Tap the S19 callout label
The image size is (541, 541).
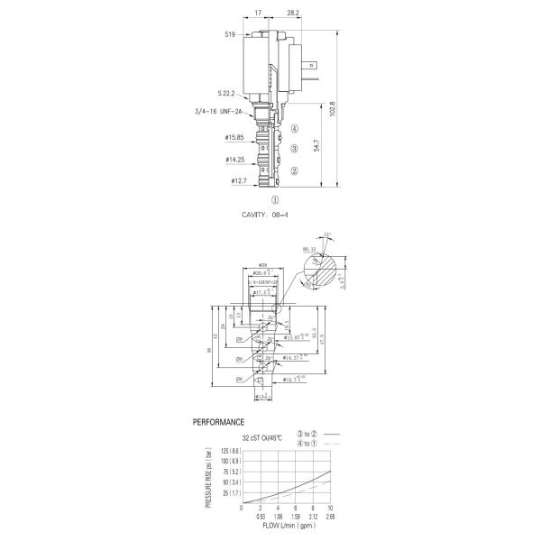[x=230, y=35]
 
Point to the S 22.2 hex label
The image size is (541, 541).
[x=226, y=93]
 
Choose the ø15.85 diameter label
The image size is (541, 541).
[x=236, y=139]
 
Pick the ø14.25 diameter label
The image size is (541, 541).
[x=236, y=160]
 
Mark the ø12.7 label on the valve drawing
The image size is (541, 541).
[x=238, y=181]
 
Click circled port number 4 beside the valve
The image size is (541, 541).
[x=294, y=130]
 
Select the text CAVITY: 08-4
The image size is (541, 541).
[x=270, y=215]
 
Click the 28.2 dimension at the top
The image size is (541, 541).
[x=292, y=14]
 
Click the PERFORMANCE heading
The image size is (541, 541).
[x=219, y=421]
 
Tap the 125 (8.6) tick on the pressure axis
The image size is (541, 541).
[x=225, y=451]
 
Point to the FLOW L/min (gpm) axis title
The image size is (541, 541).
[x=287, y=526]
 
